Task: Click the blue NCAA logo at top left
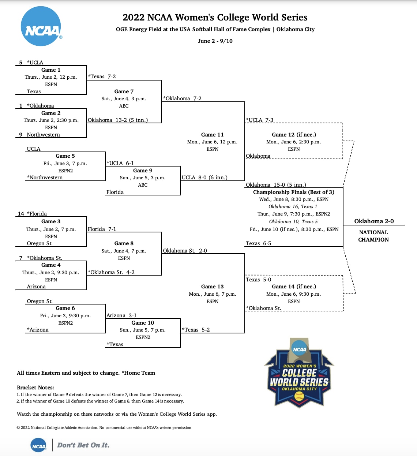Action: coord(41,26)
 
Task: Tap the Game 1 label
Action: coord(51,70)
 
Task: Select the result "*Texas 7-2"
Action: coord(102,76)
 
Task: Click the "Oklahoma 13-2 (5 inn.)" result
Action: coord(118,120)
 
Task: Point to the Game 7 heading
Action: coord(124,91)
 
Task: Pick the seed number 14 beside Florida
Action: coord(21,214)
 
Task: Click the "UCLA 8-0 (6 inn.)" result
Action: coord(204,177)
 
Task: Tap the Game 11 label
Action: coord(212,135)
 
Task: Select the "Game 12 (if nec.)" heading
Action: coord(294,135)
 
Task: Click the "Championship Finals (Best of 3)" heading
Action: coord(293,192)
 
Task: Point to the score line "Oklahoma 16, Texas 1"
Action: coord(293,207)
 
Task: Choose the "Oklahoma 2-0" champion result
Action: coord(374,221)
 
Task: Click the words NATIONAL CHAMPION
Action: coord(373,236)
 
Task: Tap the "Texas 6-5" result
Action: coord(258,243)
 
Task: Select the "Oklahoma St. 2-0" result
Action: coord(185,251)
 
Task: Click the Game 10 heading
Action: coord(143,323)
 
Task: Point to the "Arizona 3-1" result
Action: coord(121,315)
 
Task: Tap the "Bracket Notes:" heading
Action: coord(35,388)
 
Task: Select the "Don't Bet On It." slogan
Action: coord(83,445)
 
